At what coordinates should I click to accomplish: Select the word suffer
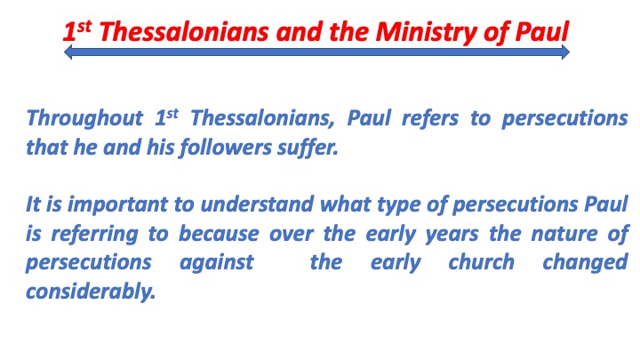tap(312, 147)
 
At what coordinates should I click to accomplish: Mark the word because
tap(218, 235)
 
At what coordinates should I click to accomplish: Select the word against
tap(217, 264)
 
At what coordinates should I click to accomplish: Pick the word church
tap(481, 264)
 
